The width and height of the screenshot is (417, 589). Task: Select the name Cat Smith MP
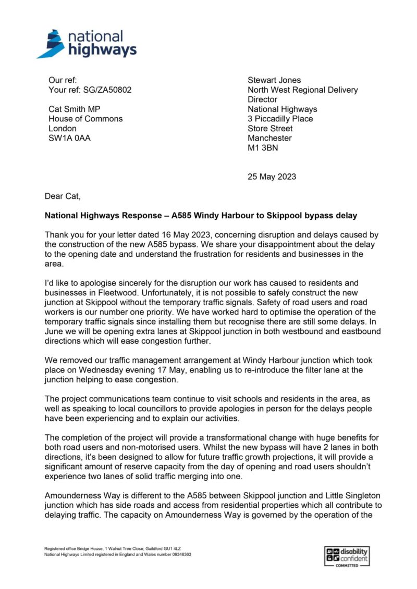click(x=74, y=109)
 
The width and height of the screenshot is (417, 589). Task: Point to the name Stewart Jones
click(x=274, y=80)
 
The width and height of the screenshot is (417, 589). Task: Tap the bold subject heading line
click(x=201, y=215)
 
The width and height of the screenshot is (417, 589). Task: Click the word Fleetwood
click(x=124, y=293)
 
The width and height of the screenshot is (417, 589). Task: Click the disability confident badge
click(x=346, y=556)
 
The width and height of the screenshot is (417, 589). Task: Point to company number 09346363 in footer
click(x=177, y=555)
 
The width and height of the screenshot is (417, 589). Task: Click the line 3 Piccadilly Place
click(x=280, y=119)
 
